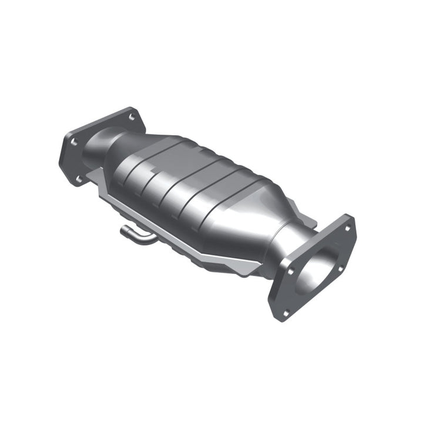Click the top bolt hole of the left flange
click(x=132, y=117)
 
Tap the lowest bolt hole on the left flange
click(x=79, y=178)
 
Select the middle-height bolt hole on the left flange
click(x=73, y=142)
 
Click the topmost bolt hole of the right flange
click(x=347, y=227)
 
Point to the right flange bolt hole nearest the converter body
click(x=290, y=271)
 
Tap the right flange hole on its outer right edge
click(x=340, y=269)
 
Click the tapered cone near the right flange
click(x=258, y=217)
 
